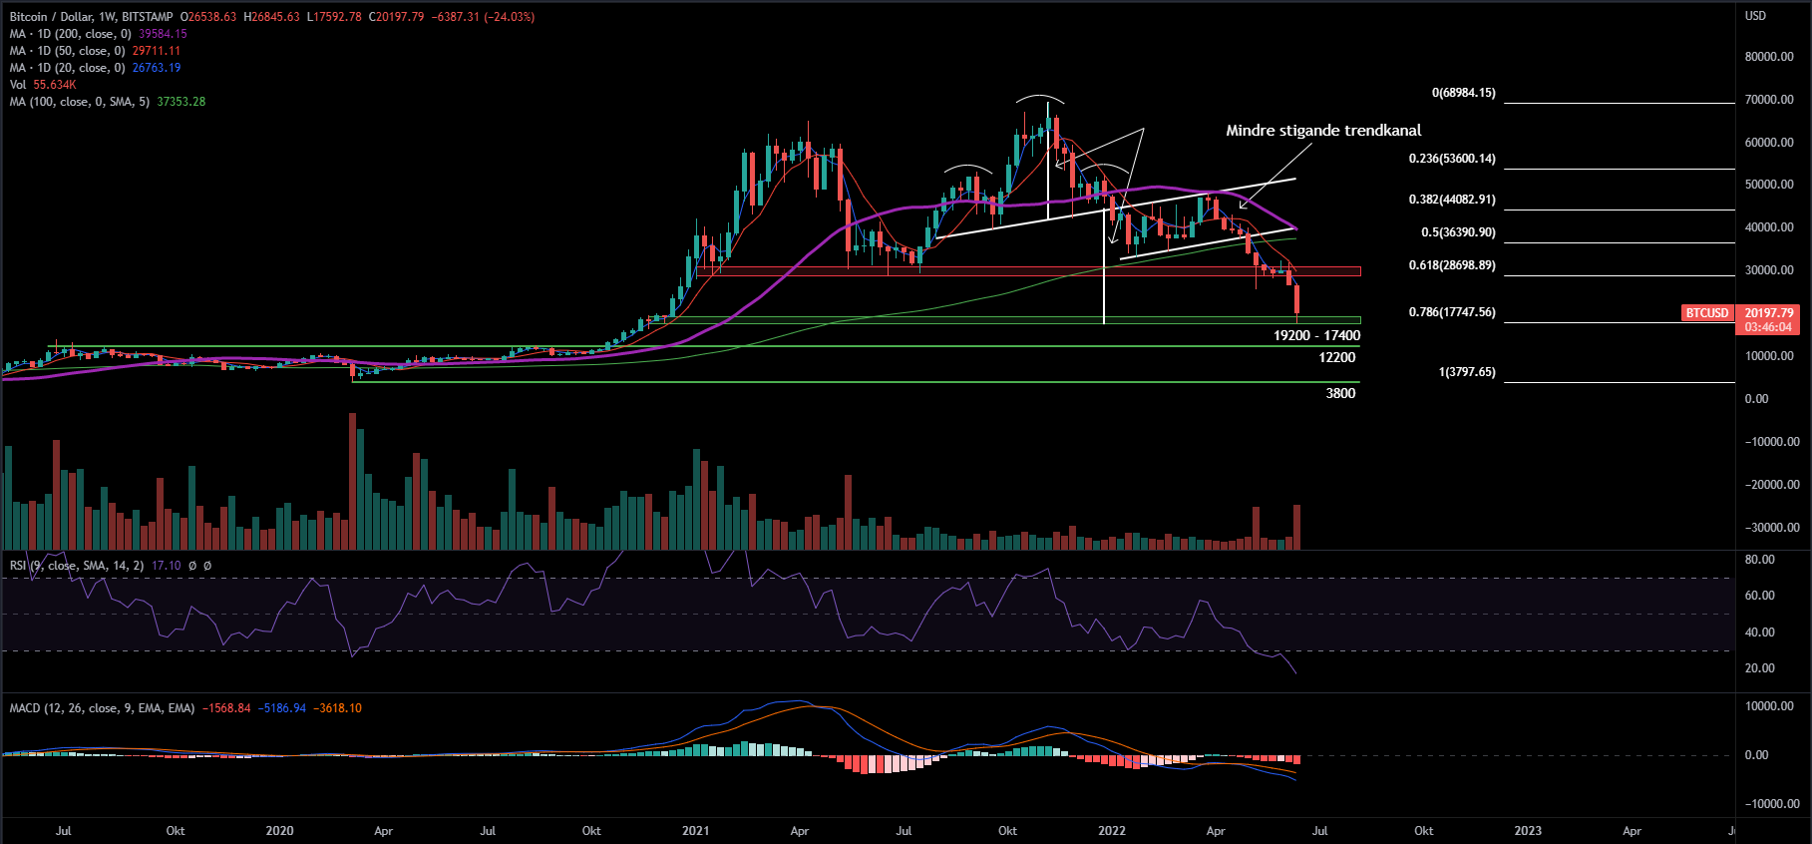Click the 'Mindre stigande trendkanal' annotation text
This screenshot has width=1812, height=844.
pos(1323,131)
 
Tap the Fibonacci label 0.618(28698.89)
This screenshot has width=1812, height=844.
pos(1451,265)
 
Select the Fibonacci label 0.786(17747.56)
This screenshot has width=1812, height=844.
pos(1451,312)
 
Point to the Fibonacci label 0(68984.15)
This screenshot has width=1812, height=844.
pos(1463,93)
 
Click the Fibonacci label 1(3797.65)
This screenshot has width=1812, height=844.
pos(1466,372)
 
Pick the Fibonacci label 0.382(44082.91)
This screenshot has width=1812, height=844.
pos(1451,200)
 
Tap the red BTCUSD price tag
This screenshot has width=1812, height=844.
pos(1707,313)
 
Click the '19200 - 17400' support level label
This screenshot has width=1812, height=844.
pos(1316,336)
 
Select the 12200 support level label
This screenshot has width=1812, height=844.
pos(1336,358)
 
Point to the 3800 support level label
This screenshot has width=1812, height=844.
pos(1340,394)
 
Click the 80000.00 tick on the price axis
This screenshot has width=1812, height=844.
pos(1769,57)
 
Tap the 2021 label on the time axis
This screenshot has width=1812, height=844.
pos(695,831)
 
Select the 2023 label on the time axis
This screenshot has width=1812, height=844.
pos(1527,831)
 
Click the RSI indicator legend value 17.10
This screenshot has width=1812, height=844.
pos(166,566)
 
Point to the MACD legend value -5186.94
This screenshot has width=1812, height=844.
pos(281,708)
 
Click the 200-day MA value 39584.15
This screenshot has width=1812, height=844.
pos(163,34)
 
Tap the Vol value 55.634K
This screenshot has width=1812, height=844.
pos(55,85)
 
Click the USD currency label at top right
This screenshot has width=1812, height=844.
pos(1755,16)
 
